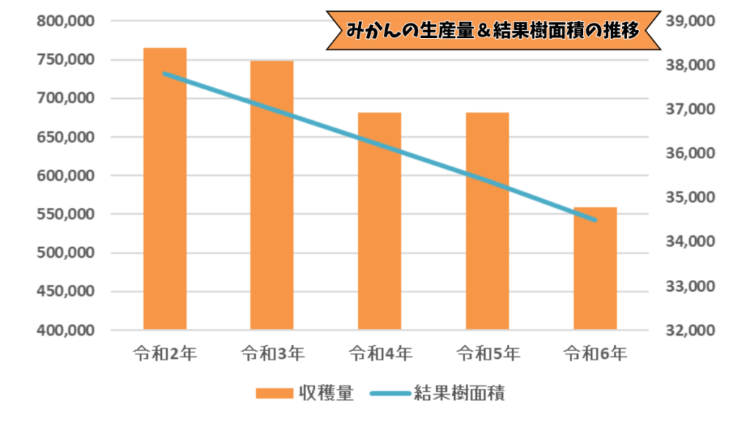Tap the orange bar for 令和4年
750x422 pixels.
click(379, 221)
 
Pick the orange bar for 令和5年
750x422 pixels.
click(487, 221)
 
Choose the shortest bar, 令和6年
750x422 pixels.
click(595, 268)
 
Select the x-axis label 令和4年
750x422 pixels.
click(379, 355)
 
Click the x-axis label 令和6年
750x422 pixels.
click(595, 355)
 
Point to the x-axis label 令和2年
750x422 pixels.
click(165, 355)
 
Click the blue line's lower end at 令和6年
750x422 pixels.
click(595, 220)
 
